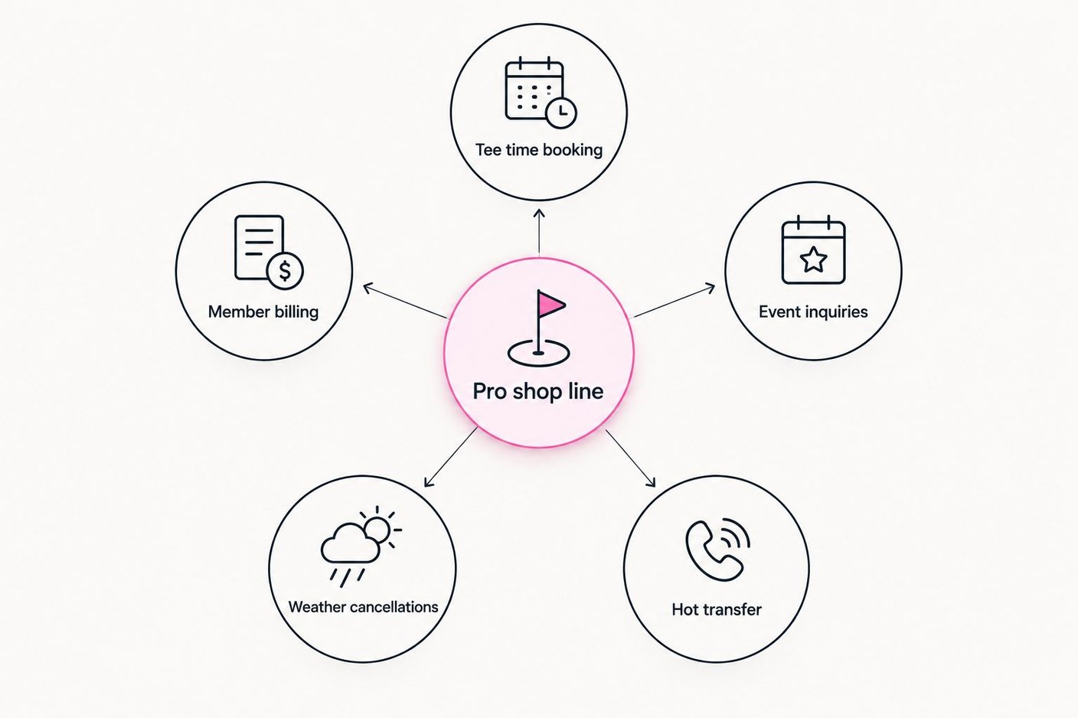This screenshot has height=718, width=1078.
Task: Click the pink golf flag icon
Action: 538,328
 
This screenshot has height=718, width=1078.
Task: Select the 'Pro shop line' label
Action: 538,391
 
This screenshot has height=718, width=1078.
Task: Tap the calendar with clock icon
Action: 541,93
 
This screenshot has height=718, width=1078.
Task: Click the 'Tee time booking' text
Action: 539,150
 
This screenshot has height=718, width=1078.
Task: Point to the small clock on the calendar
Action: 562,113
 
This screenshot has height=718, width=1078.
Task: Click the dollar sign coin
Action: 285,270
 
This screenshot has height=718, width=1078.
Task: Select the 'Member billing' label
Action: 263,312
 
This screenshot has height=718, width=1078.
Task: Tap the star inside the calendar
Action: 813,259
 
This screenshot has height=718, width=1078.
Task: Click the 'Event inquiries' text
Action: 813,312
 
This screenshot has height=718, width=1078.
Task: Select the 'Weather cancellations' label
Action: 364,607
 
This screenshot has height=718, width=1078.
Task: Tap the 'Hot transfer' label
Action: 717,610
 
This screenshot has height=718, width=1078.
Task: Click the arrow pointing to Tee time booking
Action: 539,231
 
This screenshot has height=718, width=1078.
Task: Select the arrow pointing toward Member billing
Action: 405,302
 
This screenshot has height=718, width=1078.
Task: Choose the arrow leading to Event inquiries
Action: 675,301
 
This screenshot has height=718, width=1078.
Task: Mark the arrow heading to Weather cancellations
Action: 451,457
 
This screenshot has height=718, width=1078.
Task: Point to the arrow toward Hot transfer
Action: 630,459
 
